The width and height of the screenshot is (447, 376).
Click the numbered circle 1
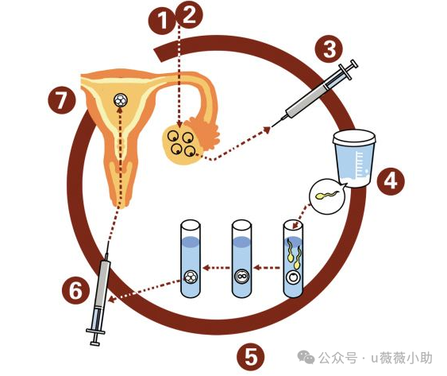point(161,21)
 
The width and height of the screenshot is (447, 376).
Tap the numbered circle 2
point(189,15)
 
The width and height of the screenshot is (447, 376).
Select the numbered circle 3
point(329,48)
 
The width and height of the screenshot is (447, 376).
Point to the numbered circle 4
point(391,181)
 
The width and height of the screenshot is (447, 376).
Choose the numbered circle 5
point(251,357)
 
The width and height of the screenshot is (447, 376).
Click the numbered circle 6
point(76,290)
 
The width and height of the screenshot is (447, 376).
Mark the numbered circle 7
point(62,100)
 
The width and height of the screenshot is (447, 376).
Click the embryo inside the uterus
point(121,100)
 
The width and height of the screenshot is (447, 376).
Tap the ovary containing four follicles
point(181,145)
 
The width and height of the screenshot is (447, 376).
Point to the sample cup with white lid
point(354,158)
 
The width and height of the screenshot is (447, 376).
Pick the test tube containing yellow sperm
point(293,258)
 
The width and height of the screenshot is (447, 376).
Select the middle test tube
point(241,258)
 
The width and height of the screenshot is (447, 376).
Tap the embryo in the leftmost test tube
point(191,277)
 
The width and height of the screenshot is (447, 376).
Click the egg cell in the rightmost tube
point(293,277)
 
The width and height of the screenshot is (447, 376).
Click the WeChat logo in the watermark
point(306,357)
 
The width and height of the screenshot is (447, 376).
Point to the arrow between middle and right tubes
point(267,268)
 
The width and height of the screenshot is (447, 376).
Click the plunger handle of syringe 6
point(95,337)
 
